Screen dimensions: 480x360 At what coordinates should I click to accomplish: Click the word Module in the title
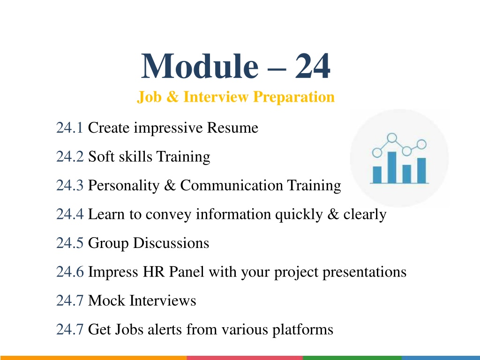[x=200, y=66]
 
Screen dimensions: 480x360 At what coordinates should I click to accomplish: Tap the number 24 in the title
[x=313, y=66]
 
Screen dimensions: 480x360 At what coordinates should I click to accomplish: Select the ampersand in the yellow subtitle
[x=172, y=97]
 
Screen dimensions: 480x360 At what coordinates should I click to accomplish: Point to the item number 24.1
[x=69, y=127]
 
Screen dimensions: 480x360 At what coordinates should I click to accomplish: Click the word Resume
[x=232, y=127]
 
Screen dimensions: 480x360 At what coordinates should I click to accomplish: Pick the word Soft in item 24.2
[x=101, y=157]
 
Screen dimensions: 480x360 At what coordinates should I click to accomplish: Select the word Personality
[x=124, y=186]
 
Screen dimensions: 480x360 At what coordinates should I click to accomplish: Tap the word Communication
[x=232, y=185]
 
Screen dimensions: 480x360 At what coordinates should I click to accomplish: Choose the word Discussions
[x=171, y=243]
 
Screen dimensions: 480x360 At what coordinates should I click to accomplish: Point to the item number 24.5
[x=70, y=243]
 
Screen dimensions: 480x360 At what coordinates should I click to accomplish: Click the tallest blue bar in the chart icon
[x=392, y=167]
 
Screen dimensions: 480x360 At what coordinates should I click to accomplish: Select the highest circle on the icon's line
[x=392, y=138]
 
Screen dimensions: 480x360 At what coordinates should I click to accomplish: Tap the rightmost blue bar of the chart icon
[x=421, y=171]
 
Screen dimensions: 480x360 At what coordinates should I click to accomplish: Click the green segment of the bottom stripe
[x=352, y=358]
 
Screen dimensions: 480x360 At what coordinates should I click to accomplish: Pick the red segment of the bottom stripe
[x=245, y=358]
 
